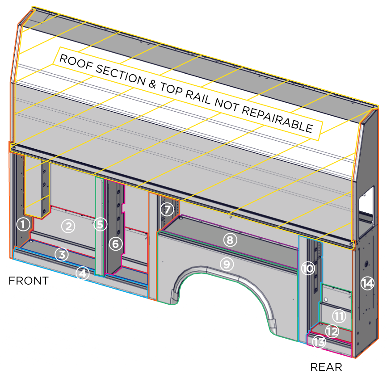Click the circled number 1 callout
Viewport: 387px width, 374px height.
click(x=23, y=224)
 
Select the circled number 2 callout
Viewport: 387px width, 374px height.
click(x=68, y=226)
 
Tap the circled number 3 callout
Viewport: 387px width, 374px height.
click(x=62, y=255)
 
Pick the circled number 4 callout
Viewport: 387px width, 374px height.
click(x=82, y=273)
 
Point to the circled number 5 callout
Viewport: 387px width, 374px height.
click(x=100, y=224)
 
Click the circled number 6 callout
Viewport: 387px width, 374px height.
click(x=115, y=244)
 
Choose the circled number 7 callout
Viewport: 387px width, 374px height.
click(x=167, y=209)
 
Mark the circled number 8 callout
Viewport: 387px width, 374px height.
click(x=230, y=240)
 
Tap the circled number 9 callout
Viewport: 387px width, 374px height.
click(x=227, y=264)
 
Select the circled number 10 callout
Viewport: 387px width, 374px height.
click(x=308, y=268)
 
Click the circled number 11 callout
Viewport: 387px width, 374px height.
click(x=339, y=317)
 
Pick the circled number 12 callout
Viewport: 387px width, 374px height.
click(x=332, y=332)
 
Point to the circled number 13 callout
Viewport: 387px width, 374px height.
click(x=319, y=342)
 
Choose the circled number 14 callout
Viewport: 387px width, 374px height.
click(x=367, y=283)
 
